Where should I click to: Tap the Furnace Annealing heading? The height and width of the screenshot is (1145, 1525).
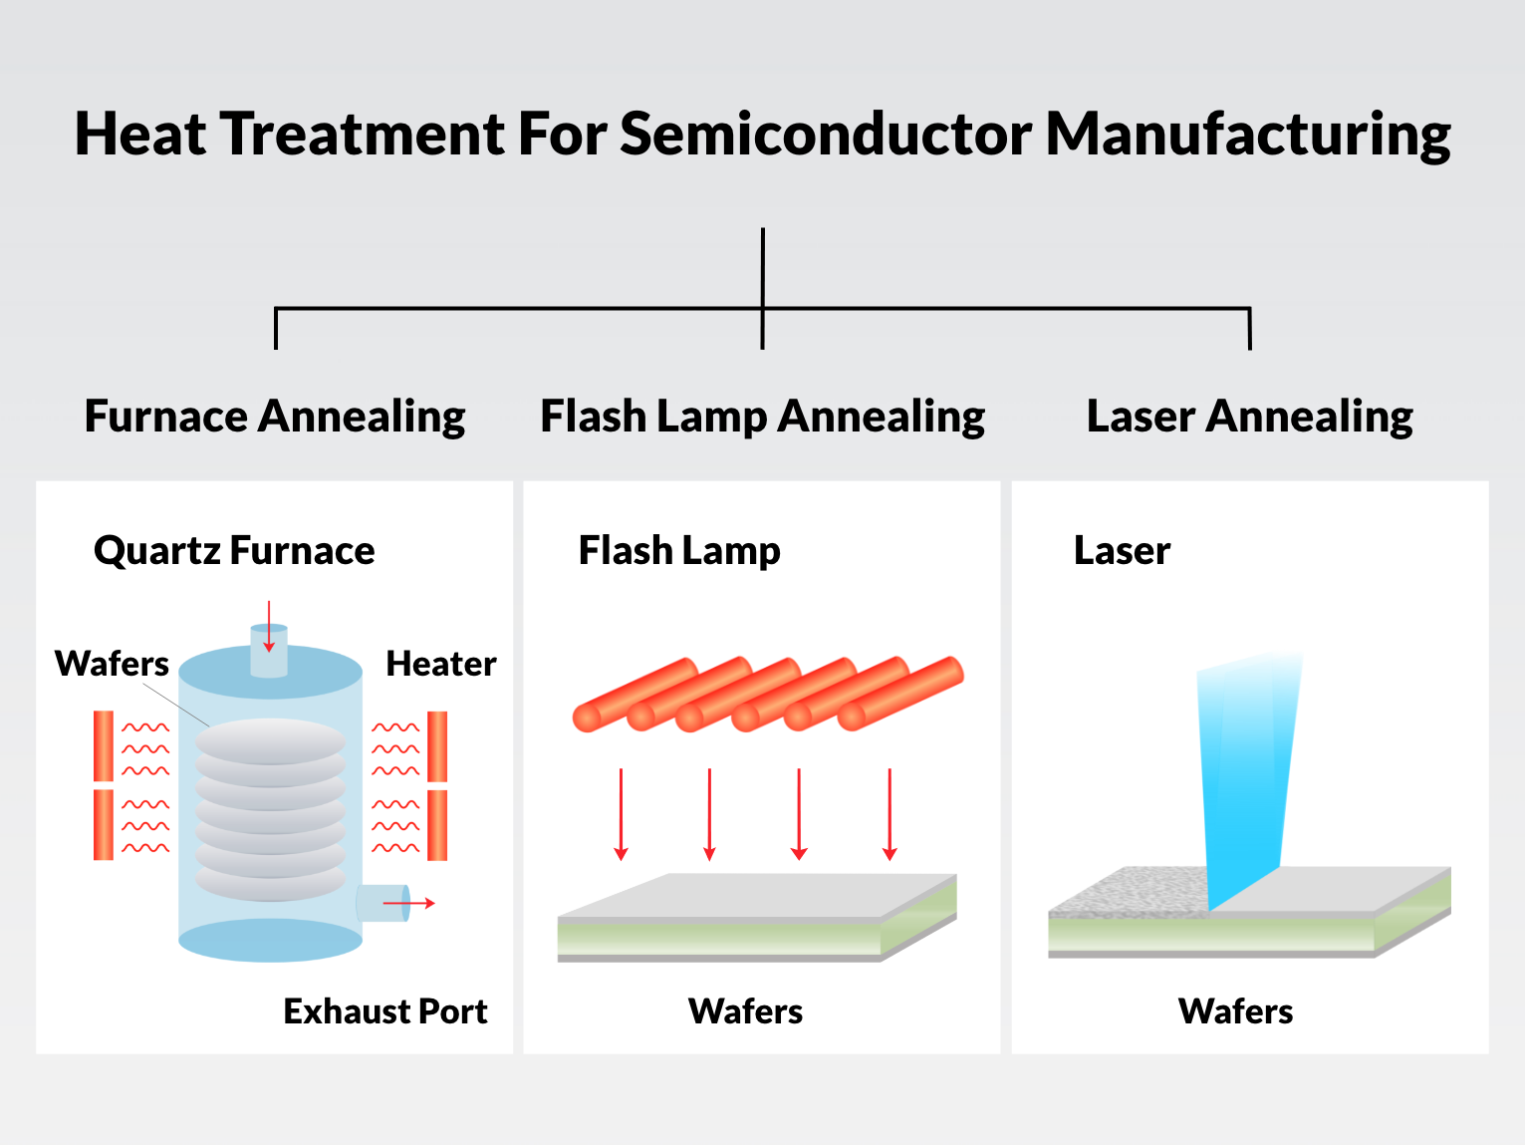[275, 417]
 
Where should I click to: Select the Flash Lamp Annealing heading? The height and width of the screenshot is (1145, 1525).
[762, 417]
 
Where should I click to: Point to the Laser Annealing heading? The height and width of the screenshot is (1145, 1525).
[1249, 417]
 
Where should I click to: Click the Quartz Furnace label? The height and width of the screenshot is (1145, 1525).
[234, 550]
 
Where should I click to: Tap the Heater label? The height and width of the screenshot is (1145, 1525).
[440, 664]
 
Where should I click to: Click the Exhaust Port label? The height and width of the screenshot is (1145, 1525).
[385, 1011]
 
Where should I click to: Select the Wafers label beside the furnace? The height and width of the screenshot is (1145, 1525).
[112, 664]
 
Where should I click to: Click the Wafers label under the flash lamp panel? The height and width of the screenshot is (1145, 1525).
[745, 1011]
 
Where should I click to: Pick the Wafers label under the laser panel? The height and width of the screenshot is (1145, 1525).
[1235, 1011]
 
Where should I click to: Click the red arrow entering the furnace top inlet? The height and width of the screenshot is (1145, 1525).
[269, 627]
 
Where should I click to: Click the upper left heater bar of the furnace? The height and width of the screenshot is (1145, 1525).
[103, 745]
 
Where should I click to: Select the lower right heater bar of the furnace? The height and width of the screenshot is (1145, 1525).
[437, 825]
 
